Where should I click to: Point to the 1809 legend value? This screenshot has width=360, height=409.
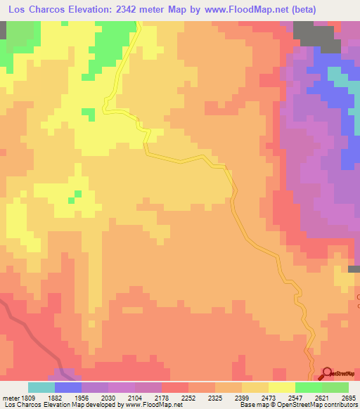click(29, 397)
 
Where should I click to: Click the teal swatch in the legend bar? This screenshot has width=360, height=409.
click(41, 387)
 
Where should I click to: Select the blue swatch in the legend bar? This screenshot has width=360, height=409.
click(68, 387)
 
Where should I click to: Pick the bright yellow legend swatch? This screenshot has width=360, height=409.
click(282, 387)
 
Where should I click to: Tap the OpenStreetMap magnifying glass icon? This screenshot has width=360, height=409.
click(327, 373)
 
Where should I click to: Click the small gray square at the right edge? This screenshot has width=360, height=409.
click(355, 268)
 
